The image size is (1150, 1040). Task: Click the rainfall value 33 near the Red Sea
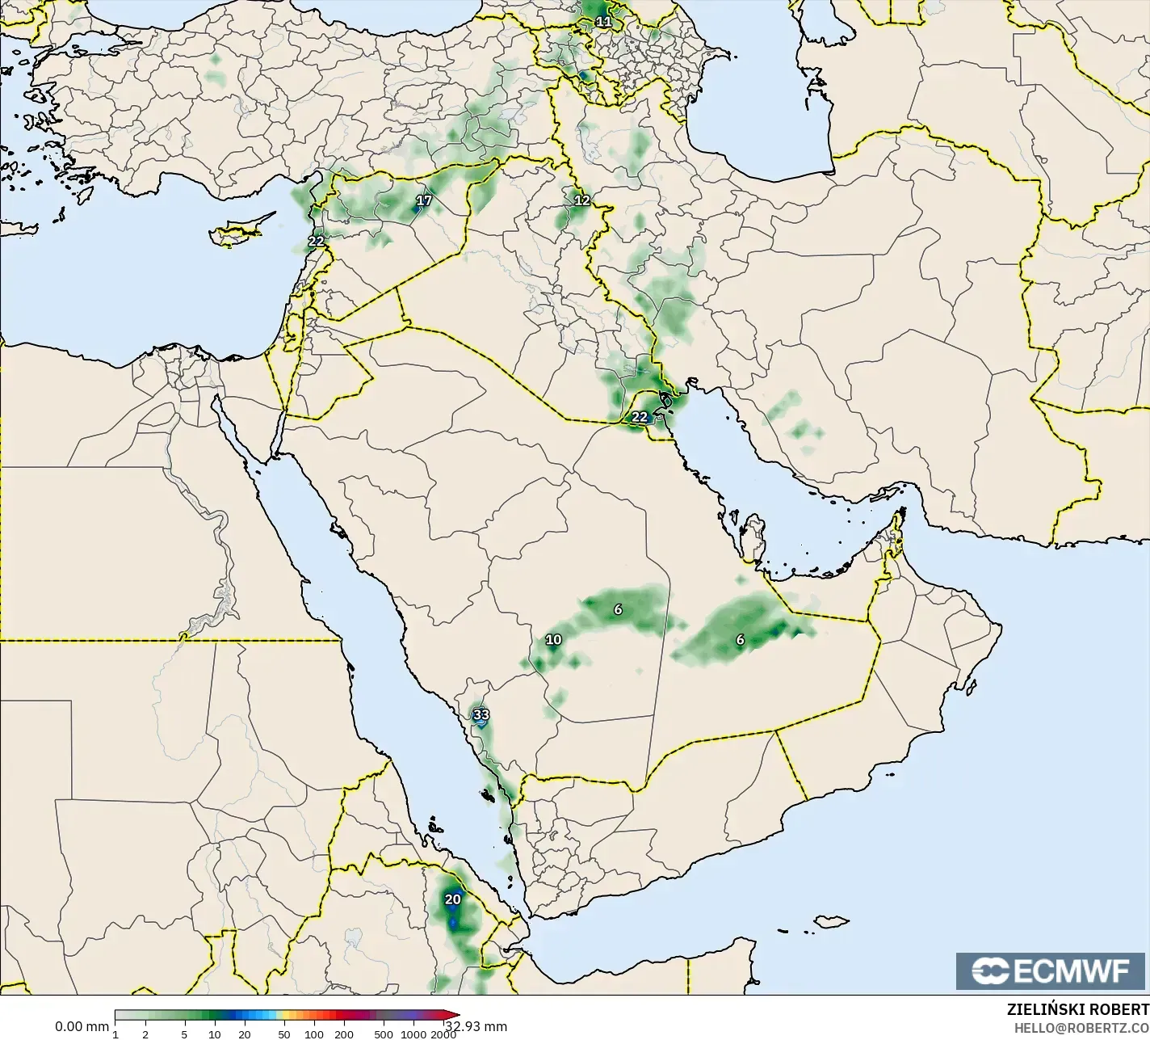[x=481, y=714]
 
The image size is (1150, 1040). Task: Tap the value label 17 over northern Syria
[x=424, y=200]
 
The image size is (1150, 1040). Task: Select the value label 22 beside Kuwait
[x=640, y=417]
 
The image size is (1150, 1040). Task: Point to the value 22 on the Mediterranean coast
[x=316, y=241]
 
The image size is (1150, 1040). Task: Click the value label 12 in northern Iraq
[x=581, y=200]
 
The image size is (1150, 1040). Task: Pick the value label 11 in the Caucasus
[x=603, y=21]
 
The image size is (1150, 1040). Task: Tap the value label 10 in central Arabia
[x=553, y=640]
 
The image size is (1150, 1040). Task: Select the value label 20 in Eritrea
[x=453, y=899]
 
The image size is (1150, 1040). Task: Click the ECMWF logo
[x=1051, y=971]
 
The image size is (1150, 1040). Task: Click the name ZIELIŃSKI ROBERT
[x=1077, y=1010]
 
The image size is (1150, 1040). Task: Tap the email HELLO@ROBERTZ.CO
[x=1081, y=1028]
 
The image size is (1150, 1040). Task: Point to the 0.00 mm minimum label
[x=82, y=1027]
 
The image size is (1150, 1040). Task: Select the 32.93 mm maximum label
[x=476, y=1027]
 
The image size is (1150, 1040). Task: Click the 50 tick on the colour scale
[x=284, y=1034]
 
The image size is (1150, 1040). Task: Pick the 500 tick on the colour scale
[x=384, y=1034]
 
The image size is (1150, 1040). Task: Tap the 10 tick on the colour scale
[x=215, y=1034]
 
